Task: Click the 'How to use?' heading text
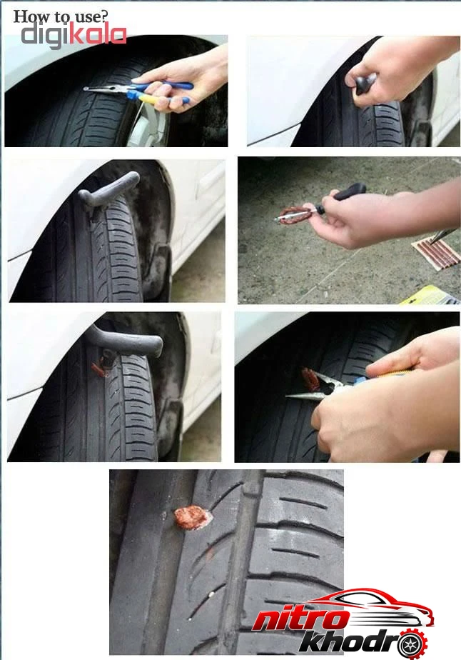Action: click(x=61, y=16)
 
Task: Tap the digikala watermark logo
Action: click(x=74, y=35)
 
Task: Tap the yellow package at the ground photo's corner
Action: click(x=430, y=296)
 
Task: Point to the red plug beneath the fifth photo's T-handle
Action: click(x=100, y=367)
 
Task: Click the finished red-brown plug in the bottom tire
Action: click(x=191, y=518)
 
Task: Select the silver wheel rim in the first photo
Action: click(x=148, y=126)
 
